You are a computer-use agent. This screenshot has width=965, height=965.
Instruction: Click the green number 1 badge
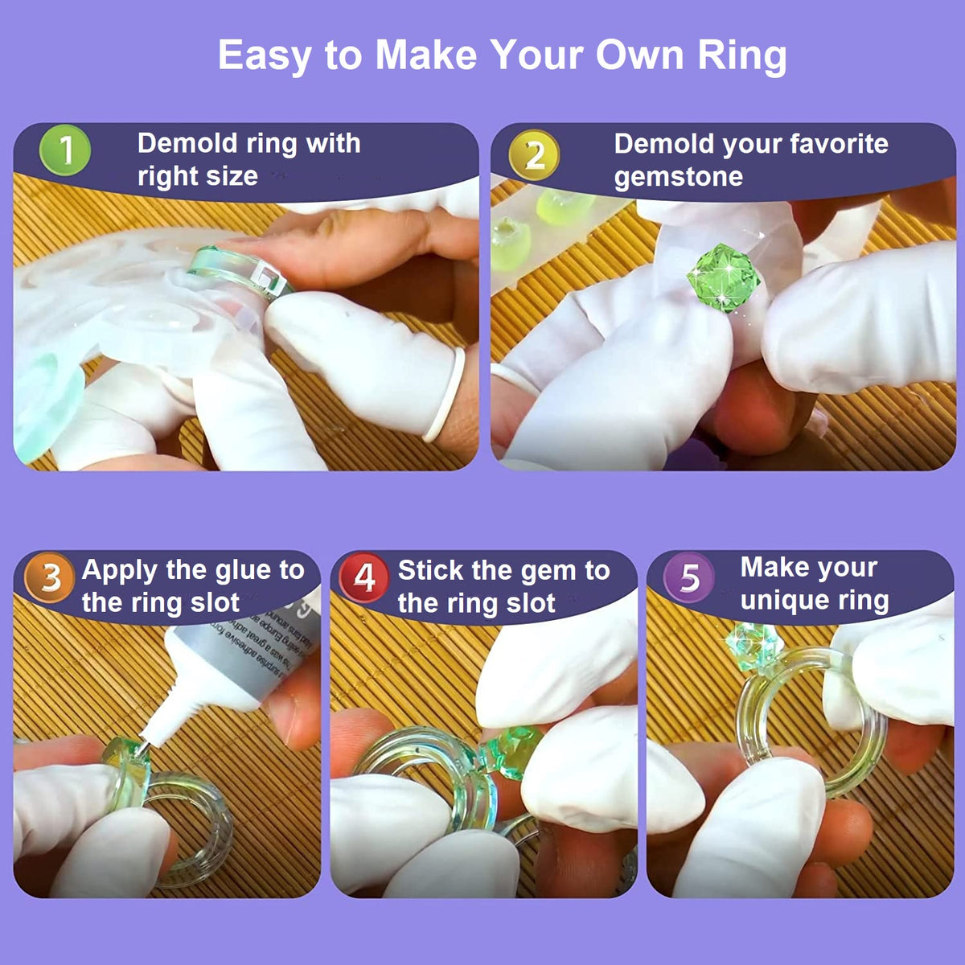pos(65,151)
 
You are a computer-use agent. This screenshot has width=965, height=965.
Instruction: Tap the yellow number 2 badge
pos(534,154)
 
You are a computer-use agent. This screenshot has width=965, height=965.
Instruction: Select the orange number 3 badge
pos(50,577)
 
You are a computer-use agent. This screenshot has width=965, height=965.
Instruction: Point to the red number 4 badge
pos(364,577)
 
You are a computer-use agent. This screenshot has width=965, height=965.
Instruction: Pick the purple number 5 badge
pos(689,577)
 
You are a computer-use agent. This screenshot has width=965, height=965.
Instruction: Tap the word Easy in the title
pos(265,55)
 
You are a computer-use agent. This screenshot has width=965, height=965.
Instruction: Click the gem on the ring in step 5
pos(753,643)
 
